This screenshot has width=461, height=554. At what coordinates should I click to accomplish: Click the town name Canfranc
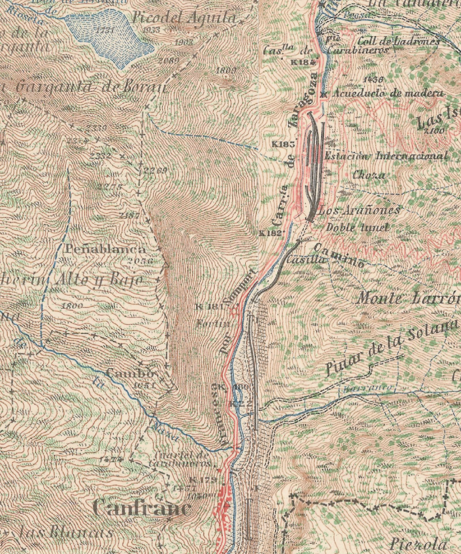click(x=142, y=508)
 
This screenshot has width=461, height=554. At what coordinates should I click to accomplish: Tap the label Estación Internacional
click(x=386, y=156)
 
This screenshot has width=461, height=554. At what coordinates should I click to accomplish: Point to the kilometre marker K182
click(x=269, y=234)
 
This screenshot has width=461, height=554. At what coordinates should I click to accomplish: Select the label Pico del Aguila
click(x=184, y=19)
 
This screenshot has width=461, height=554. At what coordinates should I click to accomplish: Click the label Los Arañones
click(x=359, y=210)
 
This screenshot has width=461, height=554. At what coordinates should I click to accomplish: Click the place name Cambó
click(x=130, y=373)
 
